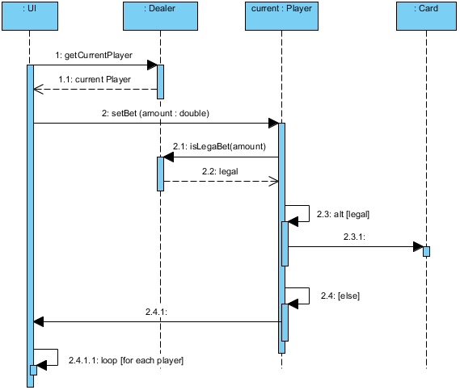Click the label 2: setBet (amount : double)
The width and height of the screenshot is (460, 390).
point(155,113)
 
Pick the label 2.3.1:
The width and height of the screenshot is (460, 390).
point(354,236)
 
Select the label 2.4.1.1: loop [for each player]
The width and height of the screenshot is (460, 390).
point(125,359)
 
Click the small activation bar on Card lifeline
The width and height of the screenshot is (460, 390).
point(426,251)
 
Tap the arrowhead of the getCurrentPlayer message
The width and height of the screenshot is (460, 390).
point(151,65)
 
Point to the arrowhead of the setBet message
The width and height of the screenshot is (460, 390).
point(272,124)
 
